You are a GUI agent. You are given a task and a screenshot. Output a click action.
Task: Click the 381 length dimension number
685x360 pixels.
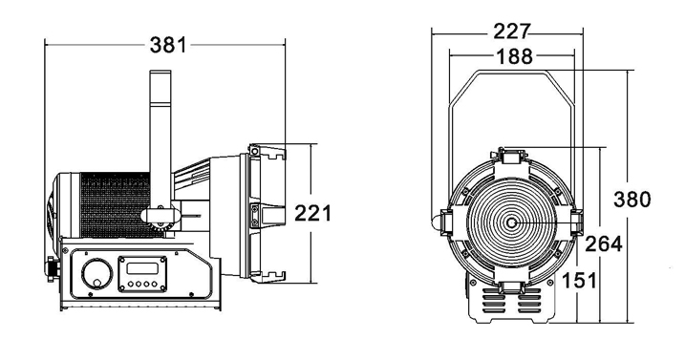pos(168,45)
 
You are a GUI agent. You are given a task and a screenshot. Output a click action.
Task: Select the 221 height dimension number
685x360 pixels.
pos(312,213)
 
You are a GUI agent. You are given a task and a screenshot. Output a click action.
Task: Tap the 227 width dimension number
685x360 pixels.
pos(511,32)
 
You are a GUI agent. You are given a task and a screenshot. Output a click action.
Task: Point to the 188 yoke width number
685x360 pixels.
pos(515,56)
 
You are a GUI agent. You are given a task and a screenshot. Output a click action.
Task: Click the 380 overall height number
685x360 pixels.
pos(632,200)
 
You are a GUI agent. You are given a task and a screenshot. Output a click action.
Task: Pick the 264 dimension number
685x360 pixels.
pos(603,244)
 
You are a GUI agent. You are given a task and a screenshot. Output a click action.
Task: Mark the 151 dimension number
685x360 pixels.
pos(579,280)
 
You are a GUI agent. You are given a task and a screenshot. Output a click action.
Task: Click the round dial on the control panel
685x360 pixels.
pos(97,274)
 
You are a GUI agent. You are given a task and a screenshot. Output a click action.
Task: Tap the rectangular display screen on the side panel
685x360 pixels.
pos(142,267)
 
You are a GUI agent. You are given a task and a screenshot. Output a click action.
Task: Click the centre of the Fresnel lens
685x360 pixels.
pos(511,222)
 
